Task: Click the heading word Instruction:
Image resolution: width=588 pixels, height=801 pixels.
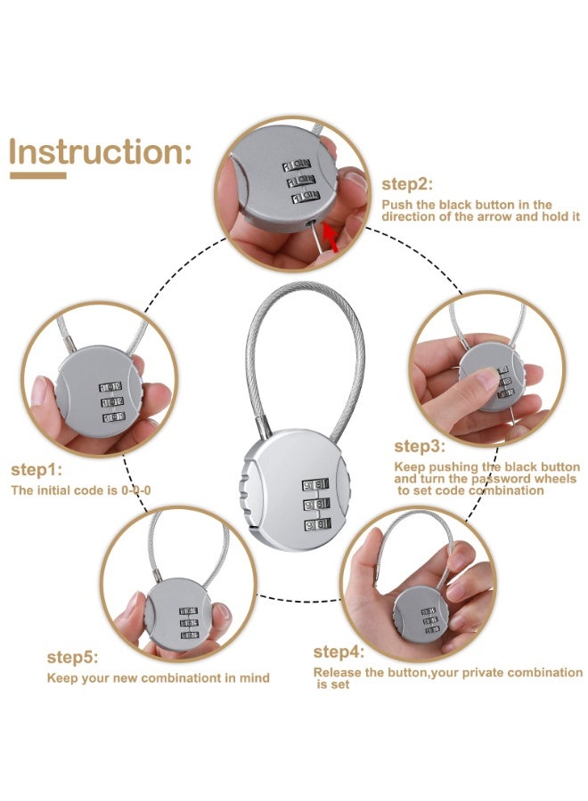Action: click(100, 152)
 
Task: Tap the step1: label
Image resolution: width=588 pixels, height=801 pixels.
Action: click(37, 470)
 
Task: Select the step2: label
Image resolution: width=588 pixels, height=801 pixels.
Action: click(407, 185)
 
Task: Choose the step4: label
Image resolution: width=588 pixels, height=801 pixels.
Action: click(339, 652)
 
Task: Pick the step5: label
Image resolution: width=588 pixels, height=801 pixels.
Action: click(73, 658)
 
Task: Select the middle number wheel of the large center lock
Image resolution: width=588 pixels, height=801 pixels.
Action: click(317, 506)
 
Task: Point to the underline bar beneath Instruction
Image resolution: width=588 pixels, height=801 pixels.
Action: click(37, 175)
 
